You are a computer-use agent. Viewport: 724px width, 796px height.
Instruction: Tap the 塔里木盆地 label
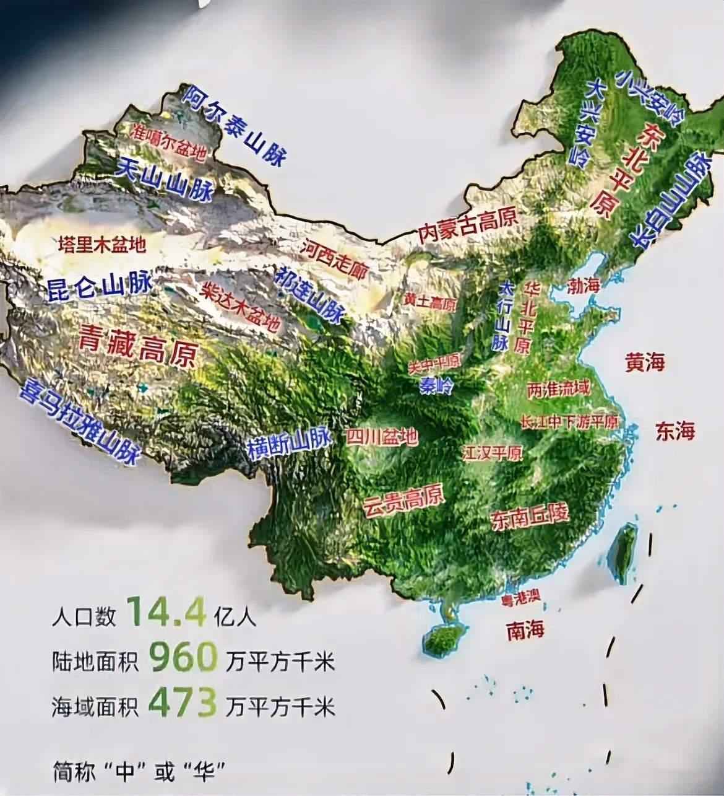tap(102, 245)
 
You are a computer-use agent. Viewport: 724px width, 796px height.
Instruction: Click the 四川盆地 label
tap(382, 437)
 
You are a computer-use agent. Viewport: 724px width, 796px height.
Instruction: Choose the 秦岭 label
tap(436, 386)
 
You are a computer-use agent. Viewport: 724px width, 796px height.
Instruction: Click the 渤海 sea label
tap(584, 286)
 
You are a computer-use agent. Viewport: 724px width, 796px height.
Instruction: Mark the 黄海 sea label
tap(645, 362)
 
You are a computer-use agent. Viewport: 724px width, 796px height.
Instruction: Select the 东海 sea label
tap(675, 431)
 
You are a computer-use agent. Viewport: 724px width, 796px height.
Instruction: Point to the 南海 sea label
tap(525, 630)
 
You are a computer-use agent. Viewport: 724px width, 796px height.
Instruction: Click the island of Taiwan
tap(622, 553)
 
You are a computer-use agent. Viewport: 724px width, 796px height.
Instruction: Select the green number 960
tap(183, 658)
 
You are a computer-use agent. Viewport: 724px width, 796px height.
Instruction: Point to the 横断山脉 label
tap(289, 442)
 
